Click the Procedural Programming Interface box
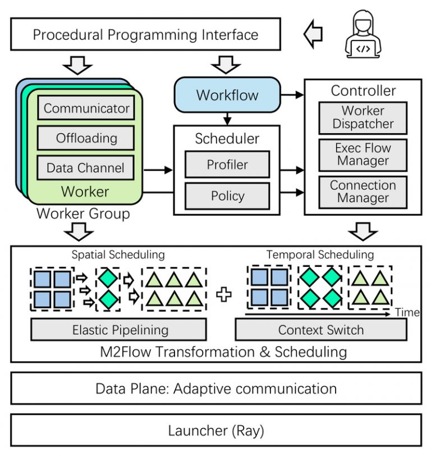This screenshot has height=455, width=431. click(x=145, y=34)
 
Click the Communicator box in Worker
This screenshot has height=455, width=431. click(x=86, y=108)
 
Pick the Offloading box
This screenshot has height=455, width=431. click(x=86, y=138)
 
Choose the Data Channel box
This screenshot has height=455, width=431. click(x=86, y=167)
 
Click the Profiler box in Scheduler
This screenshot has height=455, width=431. click(x=227, y=165)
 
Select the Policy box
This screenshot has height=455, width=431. click(x=227, y=195)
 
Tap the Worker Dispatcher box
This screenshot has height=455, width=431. click(x=363, y=117)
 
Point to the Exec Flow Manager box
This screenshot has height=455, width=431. click(x=363, y=154)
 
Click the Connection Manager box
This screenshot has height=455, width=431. click(x=363, y=192)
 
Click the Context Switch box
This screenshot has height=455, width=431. click(x=320, y=330)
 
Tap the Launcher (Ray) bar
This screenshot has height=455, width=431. click(x=215, y=431)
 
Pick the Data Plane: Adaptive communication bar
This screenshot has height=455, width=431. click(x=215, y=388)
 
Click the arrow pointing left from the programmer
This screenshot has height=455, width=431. click(x=313, y=34)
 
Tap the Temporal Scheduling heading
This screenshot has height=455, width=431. click(x=320, y=254)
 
